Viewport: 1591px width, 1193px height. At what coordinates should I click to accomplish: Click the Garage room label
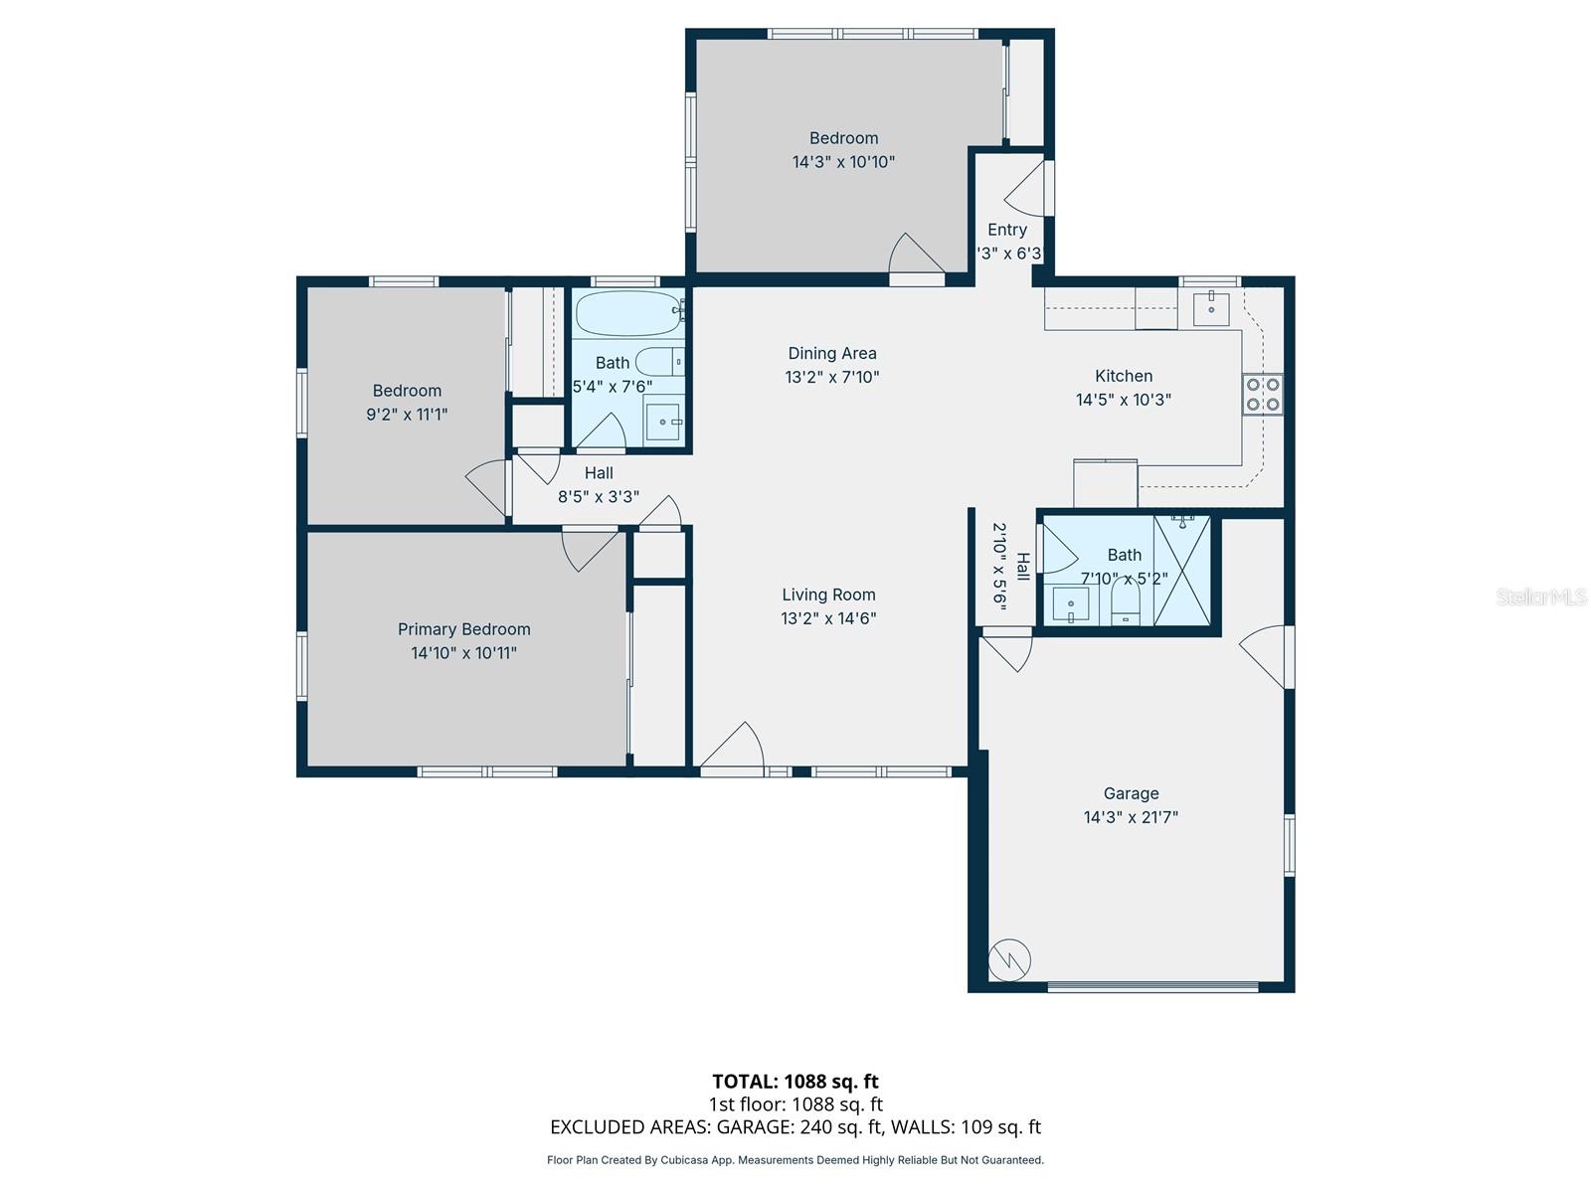1131,793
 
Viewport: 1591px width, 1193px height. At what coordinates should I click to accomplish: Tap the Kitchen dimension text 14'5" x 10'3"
1124,400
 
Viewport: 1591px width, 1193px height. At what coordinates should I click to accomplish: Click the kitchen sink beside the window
1211,309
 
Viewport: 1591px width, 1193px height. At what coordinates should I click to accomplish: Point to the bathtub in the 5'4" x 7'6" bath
626,313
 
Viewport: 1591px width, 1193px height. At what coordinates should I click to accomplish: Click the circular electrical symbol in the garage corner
1009,960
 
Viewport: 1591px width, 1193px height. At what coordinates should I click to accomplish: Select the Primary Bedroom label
464,629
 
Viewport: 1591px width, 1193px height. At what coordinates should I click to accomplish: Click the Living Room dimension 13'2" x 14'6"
828,618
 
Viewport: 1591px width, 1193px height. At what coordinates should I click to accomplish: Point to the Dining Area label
832,353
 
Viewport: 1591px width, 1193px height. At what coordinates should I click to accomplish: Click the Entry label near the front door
1007,230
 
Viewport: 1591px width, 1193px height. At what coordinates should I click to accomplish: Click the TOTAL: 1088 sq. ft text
795,1081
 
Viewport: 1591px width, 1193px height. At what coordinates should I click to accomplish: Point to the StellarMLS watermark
1540,596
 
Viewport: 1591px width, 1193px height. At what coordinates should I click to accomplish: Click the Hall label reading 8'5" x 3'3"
599,485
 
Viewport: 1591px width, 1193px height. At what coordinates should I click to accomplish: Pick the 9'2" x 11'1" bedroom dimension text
407,415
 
